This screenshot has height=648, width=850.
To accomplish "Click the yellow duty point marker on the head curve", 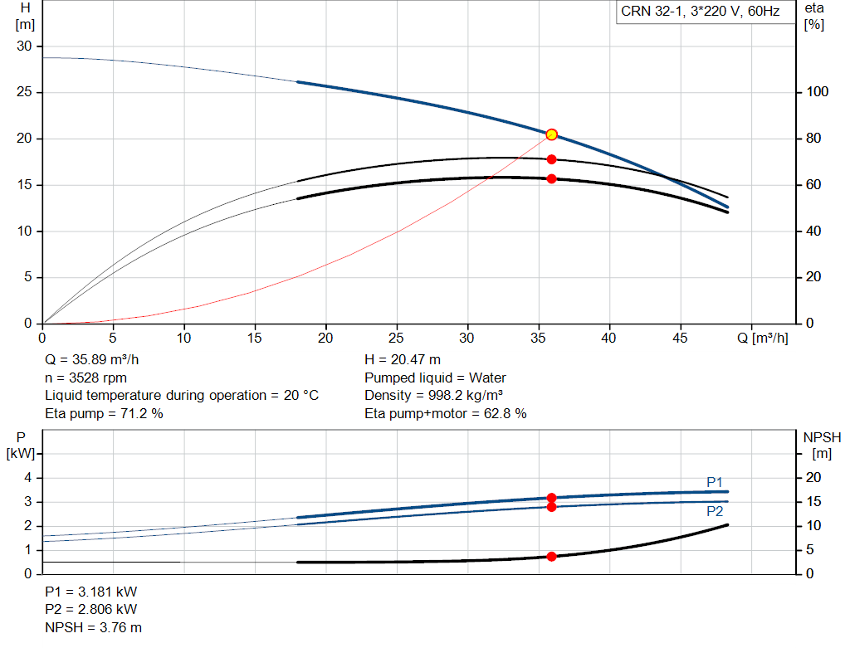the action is coord(551,134).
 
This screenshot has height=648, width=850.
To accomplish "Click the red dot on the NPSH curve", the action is coord(551,557).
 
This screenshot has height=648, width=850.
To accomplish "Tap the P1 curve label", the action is coord(715,482).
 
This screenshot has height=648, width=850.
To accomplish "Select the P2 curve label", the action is coord(715,511).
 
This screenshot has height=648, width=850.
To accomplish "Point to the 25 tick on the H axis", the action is coord(24,92).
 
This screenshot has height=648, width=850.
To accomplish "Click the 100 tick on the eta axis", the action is coord(818,92).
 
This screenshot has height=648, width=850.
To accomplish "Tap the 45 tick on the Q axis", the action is coord(680,338).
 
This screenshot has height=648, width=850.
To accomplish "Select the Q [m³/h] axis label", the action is coord(763,338).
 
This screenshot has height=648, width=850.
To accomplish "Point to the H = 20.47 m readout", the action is coord(403,360).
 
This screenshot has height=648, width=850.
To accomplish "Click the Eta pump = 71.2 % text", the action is coord(104,413).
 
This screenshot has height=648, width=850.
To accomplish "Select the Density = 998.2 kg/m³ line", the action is coord(433,396).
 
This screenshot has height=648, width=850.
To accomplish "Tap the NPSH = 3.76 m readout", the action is coord(93,627).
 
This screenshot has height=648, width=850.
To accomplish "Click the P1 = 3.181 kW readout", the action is coord(91,592).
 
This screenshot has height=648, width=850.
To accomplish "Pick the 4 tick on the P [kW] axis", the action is coord(28,478).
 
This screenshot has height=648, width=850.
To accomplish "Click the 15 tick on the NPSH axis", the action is coord(813,502).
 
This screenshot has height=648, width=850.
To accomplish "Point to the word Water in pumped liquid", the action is coord(487,378).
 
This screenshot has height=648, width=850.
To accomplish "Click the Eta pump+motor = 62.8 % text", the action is coord(446,413).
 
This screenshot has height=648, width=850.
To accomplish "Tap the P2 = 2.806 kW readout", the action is coord(91,610).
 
